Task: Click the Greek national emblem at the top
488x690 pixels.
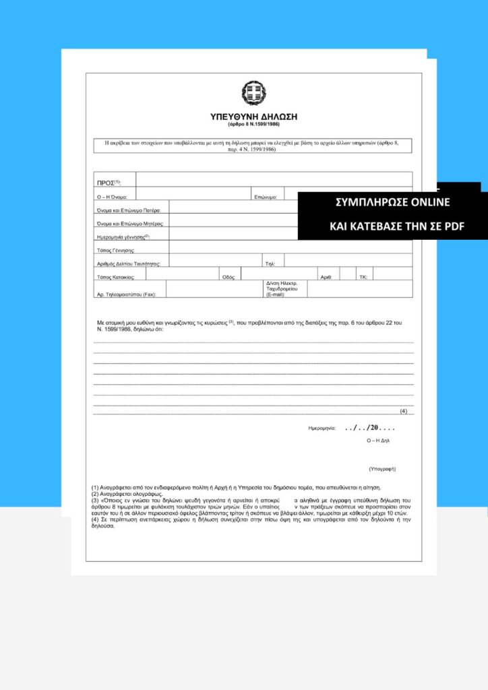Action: pos(253,94)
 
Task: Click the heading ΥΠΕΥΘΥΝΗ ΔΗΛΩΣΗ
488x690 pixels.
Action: pos(253,117)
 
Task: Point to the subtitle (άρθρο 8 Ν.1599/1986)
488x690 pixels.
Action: pos(253,125)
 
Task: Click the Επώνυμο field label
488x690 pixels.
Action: pos(266,197)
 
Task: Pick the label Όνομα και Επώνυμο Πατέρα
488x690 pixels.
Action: pos(129,211)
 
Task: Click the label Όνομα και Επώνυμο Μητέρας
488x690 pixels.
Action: pos(130,224)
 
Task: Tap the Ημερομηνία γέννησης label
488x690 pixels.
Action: pos(123,237)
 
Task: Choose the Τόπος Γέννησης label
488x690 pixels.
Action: pos(116,251)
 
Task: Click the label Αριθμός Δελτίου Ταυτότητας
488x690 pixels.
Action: pos(129,263)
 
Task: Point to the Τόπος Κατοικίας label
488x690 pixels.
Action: pos(117,277)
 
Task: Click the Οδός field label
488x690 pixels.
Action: pos(228,277)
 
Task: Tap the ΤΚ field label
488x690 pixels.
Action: pos(363,277)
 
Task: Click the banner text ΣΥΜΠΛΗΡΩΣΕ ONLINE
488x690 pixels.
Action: pos(392,203)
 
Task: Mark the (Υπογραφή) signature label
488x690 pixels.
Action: pos(382,468)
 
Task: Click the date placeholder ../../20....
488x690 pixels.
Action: pos(369,428)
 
